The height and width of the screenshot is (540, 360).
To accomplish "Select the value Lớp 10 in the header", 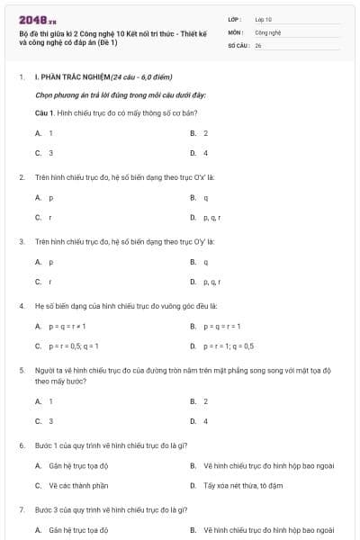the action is coord(264,18).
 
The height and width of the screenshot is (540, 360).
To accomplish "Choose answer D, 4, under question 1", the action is coord(205,153).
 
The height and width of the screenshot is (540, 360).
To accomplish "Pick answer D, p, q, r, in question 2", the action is coord(211,217).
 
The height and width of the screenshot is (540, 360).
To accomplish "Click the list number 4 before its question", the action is coord(22,306).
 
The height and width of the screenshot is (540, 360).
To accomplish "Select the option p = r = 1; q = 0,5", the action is coord(229,346).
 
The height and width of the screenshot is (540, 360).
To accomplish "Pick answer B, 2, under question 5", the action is coord(205,401).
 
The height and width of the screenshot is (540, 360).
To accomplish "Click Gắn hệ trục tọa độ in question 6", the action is coord(78,465).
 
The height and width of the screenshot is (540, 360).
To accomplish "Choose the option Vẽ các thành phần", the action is coord(78,485).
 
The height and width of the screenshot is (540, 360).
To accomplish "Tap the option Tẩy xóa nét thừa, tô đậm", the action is coord(238,485).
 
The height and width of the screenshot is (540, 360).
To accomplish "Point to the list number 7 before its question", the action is coord(22,509).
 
